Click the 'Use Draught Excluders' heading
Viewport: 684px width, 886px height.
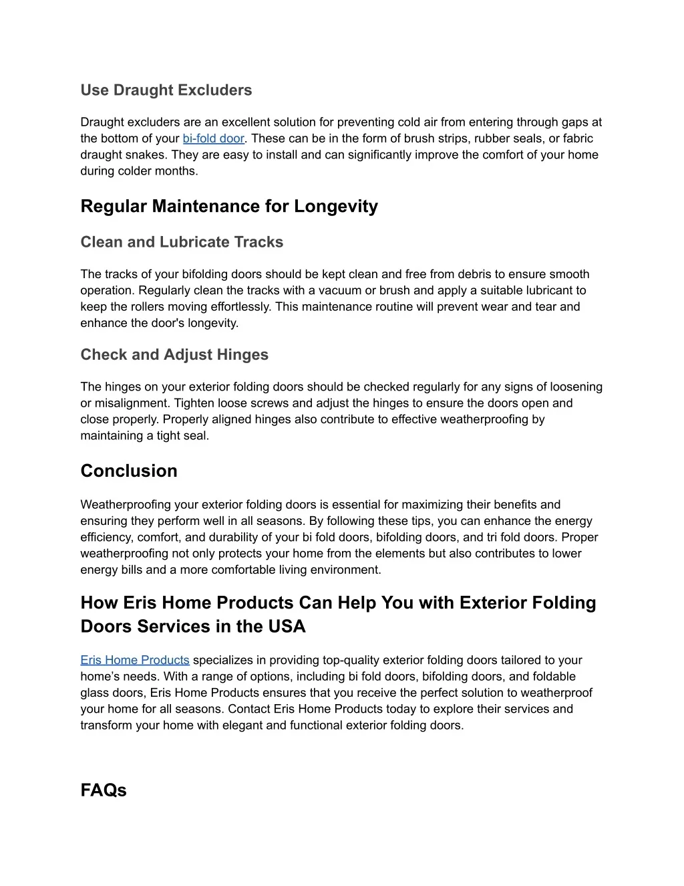166,90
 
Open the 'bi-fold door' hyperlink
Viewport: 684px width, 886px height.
213,139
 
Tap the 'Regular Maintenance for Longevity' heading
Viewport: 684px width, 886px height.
229,207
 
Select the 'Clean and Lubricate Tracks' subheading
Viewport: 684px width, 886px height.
182,242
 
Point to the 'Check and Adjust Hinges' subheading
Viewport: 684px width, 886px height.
174,355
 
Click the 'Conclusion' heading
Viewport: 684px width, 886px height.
129,471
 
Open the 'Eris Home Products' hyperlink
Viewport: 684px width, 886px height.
135,661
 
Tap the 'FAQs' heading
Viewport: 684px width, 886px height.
104,790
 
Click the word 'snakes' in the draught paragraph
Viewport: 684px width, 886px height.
148,155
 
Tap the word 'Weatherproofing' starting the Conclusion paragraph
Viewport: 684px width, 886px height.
121,505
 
